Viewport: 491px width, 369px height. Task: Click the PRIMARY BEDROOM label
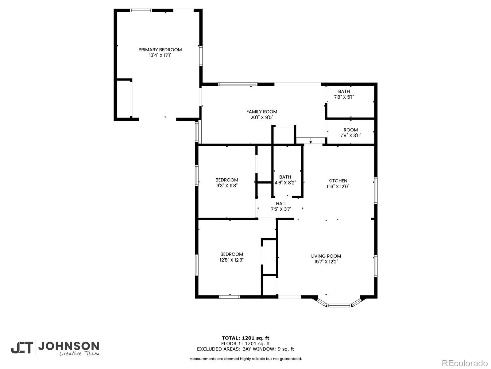coord(160,50)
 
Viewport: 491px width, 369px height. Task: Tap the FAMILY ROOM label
coord(262,112)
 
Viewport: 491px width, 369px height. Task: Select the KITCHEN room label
coord(338,181)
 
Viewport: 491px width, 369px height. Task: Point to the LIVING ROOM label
coord(326,256)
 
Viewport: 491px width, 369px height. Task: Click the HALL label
coord(281,204)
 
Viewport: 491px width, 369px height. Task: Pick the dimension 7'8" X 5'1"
coord(344,97)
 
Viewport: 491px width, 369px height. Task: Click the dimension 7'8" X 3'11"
coord(350,135)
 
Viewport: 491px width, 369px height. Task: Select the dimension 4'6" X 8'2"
coord(285,183)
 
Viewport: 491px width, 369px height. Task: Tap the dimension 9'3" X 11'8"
coord(226,185)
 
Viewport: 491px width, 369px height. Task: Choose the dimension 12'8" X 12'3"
coord(231,260)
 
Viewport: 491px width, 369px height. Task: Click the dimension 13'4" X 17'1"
coord(160,55)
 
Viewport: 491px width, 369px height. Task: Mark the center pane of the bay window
coord(339,305)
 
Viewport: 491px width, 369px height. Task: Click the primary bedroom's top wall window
coord(141,10)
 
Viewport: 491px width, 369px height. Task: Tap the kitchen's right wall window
coord(376,191)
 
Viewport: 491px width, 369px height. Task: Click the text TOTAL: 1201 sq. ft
coord(245,338)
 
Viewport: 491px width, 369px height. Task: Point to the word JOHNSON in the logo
coord(69,346)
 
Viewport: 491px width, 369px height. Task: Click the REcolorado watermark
coord(465,363)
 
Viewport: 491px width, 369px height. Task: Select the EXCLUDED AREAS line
coord(245,349)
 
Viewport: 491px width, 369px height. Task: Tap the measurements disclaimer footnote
coord(245,359)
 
